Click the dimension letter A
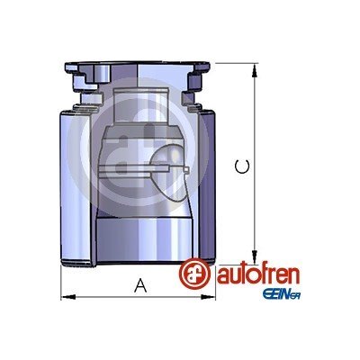[139, 286]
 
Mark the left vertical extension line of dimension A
[60, 283]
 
